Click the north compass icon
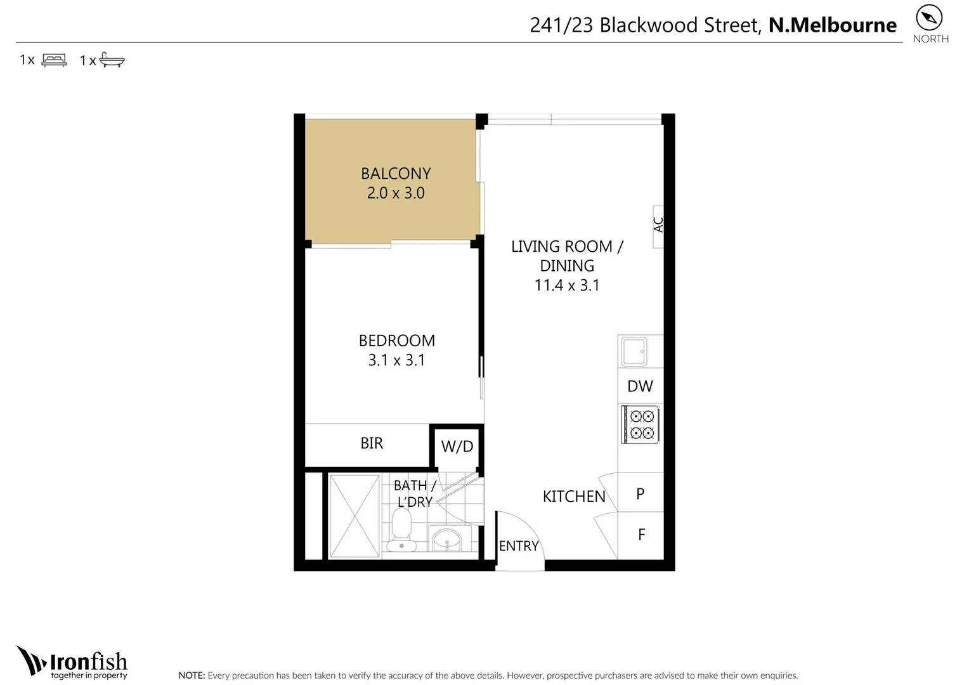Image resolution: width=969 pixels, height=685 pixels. [x=929, y=18]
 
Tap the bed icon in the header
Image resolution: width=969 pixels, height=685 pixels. [x=54, y=60]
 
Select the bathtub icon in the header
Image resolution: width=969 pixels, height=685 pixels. [x=112, y=61]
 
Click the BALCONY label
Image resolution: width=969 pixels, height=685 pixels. [x=396, y=173]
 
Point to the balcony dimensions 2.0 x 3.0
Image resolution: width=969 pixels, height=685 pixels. [x=396, y=193]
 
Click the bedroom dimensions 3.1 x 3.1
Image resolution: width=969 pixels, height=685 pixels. [x=396, y=360]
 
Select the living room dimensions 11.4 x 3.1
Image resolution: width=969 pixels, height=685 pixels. [x=567, y=285]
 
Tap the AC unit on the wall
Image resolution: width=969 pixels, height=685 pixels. [x=658, y=226]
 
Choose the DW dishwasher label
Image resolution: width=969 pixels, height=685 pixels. [x=640, y=386]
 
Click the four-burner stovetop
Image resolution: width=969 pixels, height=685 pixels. [x=641, y=425]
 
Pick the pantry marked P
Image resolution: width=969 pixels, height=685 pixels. [x=641, y=493]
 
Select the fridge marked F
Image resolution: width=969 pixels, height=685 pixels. [x=641, y=535]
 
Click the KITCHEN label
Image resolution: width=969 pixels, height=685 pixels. [x=574, y=497]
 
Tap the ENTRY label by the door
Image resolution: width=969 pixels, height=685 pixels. [x=518, y=546]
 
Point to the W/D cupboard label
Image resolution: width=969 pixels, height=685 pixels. [x=457, y=447]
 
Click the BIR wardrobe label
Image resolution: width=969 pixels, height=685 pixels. [x=372, y=443]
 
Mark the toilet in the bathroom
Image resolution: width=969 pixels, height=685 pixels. [x=401, y=532]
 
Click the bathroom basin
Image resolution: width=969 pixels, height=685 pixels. [x=447, y=541]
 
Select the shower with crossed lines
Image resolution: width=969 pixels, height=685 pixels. [x=354, y=516]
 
